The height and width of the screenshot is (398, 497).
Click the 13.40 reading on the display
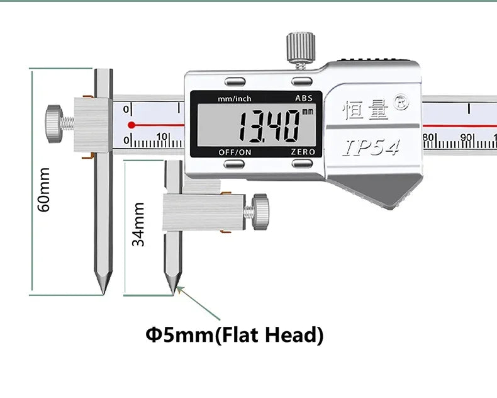coord(269,127)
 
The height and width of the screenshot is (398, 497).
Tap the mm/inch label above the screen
coord(235,99)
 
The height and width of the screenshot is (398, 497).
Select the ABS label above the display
coord(304,98)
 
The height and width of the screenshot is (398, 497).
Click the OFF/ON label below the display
coord(235,152)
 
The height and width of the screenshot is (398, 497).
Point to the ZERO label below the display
coord(303,152)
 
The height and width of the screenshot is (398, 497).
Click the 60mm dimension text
coord(44,190)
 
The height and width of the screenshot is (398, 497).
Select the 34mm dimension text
coord(138,224)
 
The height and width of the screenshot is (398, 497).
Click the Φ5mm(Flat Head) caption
coord(235,335)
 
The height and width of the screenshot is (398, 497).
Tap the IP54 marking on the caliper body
coord(371,147)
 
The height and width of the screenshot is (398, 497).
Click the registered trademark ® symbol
coord(401,102)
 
